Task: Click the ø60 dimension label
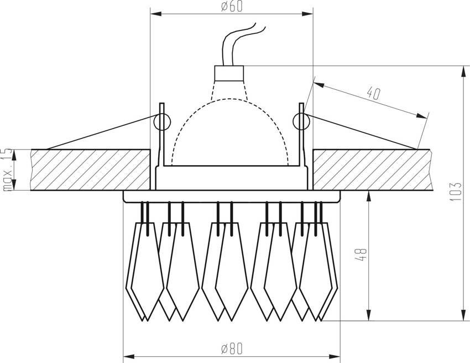click(x=231, y=6)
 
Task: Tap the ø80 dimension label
click(x=231, y=349)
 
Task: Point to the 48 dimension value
click(x=362, y=255)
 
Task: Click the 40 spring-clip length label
click(x=374, y=93)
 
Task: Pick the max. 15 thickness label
click(x=8, y=170)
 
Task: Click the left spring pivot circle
click(x=162, y=122)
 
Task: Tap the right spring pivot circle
click(x=301, y=122)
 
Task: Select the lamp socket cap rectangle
click(x=229, y=73)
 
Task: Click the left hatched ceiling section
click(x=91, y=170)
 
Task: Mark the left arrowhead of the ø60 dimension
click(x=156, y=14)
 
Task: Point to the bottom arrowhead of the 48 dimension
click(x=369, y=315)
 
